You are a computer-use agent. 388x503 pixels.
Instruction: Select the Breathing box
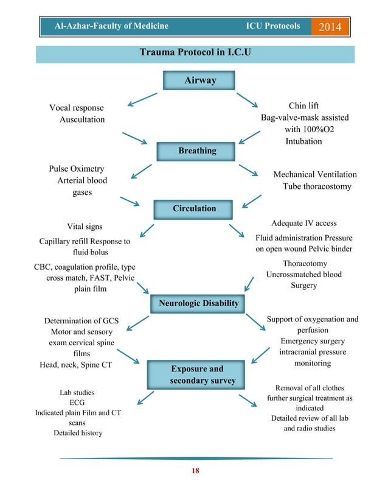pyautogui.click(x=196, y=150)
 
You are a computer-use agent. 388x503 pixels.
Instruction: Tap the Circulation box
pyautogui.click(x=194, y=208)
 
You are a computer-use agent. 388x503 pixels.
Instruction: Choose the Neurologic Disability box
pyautogui.click(x=198, y=303)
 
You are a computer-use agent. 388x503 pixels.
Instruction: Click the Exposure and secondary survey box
pyautogui.click(x=196, y=375)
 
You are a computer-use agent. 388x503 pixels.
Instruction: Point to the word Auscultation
pyautogui.click(x=81, y=119)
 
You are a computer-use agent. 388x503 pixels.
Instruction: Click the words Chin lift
pyautogui.click(x=303, y=106)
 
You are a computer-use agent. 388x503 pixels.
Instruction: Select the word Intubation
pyautogui.click(x=303, y=141)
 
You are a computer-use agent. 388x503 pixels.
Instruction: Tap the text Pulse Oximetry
pyautogui.click(x=76, y=169)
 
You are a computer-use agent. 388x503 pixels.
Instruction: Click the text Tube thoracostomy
pyautogui.click(x=317, y=186)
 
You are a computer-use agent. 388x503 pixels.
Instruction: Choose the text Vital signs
pyautogui.click(x=84, y=227)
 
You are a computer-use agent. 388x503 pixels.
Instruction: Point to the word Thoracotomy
pyautogui.click(x=305, y=264)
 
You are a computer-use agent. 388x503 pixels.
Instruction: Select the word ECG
pyautogui.click(x=77, y=403)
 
